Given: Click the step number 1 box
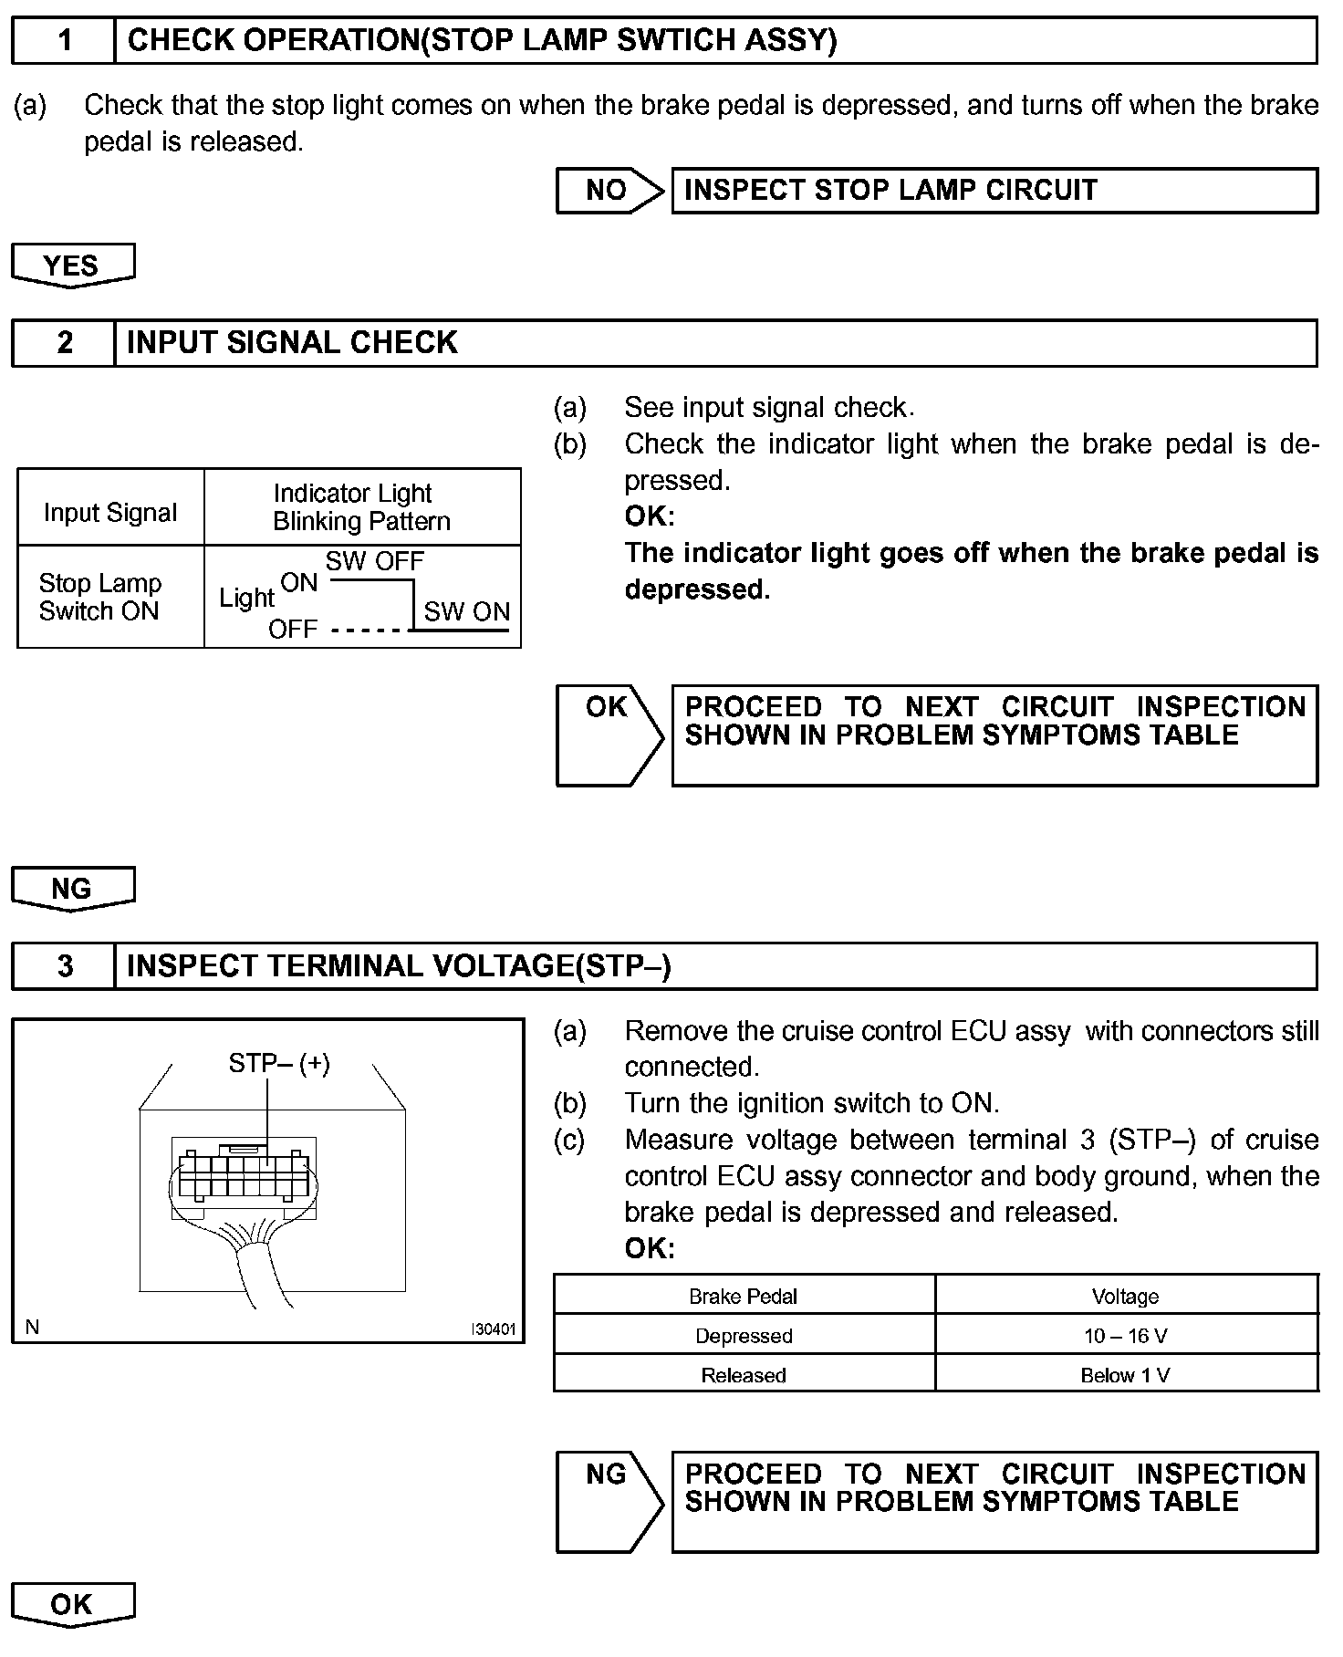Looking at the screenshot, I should click(x=64, y=41).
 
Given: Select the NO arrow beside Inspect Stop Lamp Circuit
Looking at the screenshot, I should click(x=608, y=191).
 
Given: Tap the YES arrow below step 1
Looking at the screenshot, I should click(x=72, y=266).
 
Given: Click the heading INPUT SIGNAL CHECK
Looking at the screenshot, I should click(x=292, y=343).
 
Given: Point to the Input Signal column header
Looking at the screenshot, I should click(x=110, y=513).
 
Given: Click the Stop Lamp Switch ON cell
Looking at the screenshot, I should click(x=100, y=598).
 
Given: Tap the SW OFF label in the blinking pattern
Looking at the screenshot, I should click(x=375, y=561).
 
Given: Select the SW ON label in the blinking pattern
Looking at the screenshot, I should click(x=467, y=611).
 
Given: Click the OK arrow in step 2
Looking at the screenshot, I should click(x=608, y=735).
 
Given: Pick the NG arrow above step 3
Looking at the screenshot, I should click(x=72, y=889).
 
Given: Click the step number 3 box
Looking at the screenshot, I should click(x=64, y=966).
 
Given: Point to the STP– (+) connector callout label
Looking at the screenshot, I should click(x=279, y=1063).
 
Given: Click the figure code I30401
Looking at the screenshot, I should click(x=493, y=1329).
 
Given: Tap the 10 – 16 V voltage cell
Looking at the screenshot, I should click(x=1126, y=1336).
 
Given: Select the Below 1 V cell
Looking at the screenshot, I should click(x=1126, y=1375).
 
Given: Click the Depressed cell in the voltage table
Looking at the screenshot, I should click(x=744, y=1336).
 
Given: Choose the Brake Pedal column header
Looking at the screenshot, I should click(x=744, y=1297).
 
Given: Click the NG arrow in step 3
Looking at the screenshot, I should click(x=608, y=1501).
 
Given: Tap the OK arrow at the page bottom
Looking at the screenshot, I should click(x=72, y=1605).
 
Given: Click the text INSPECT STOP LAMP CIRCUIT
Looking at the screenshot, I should click(x=890, y=190).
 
